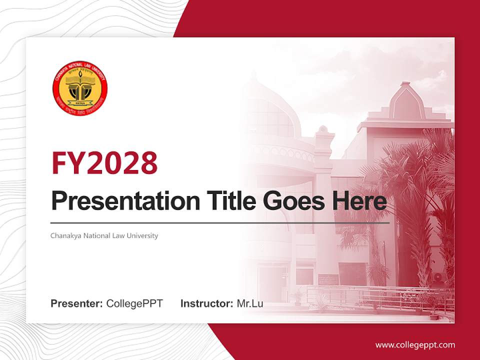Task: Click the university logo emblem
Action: [80, 89]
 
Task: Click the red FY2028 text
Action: [104, 162]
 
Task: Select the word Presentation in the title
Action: [122, 201]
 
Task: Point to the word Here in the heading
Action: [359, 201]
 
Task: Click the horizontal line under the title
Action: [220, 222]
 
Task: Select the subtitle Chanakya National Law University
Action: [104, 235]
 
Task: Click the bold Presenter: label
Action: [77, 303]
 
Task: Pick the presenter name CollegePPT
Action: [134, 303]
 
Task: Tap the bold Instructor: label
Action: [206, 303]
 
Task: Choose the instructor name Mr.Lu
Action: [249, 303]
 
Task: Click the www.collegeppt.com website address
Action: [415, 344]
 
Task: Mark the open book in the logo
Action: [80, 80]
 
